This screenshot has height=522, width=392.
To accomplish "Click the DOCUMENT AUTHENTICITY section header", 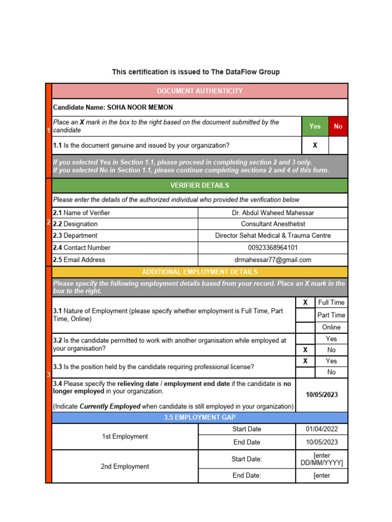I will (x=200, y=91).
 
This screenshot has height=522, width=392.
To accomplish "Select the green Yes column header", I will (x=315, y=126).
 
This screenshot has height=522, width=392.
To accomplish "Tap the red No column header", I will (x=338, y=126).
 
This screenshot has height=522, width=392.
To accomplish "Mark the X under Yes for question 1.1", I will (x=315, y=145).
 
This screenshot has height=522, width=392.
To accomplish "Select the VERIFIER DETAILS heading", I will (x=200, y=185).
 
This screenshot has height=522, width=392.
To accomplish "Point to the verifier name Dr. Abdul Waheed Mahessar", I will (x=273, y=213).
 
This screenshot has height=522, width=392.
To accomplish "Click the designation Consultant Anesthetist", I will (x=273, y=224).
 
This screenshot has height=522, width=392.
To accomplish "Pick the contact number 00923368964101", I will (x=273, y=248).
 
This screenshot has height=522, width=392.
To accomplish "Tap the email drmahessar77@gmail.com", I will (x=273, y=259).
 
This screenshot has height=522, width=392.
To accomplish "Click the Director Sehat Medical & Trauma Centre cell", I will (x=273, y=236).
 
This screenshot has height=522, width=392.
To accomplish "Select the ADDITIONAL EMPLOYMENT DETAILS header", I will (x=200, y=272).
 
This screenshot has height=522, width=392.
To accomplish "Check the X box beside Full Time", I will (x=305, y=302).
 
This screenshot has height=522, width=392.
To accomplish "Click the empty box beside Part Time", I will (x=305, y=315).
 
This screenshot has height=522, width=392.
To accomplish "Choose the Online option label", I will (x=331, y=327).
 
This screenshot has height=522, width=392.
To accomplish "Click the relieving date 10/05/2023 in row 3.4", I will (x=322, y=395).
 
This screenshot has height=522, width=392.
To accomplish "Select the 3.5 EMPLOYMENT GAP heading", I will (x=200, y=417).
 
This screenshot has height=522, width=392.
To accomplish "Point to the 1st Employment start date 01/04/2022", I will (x=322, y=429).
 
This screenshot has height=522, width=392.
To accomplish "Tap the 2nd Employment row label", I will (x=125, y=466).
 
